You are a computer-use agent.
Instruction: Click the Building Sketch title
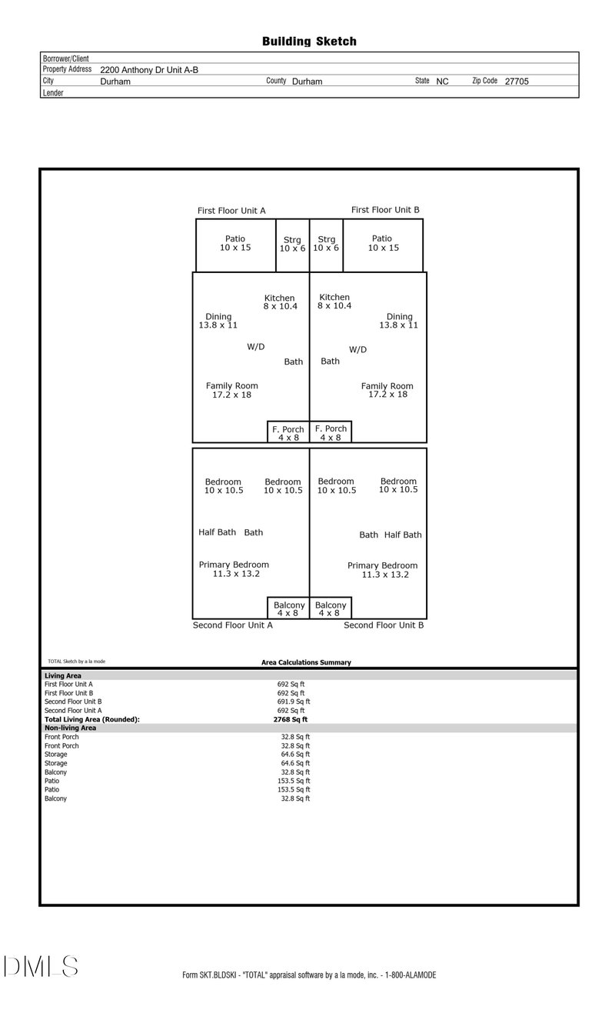coord(309,42)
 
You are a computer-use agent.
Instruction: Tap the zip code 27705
coord(516,81)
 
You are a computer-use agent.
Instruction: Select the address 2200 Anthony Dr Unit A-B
coord(149,69)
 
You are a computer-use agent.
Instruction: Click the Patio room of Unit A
coord(235,244)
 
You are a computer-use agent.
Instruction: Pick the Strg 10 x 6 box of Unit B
coord(326,245)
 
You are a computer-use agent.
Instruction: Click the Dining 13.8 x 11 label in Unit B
coord(399,321)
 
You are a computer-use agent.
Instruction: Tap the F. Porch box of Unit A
coord(288,433)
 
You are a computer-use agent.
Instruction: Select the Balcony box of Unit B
coord(331,608)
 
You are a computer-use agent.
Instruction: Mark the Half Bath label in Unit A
coord(217,532)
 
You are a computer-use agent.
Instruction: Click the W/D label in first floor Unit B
coord(357,350)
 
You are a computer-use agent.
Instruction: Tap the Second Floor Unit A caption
coord(232,625)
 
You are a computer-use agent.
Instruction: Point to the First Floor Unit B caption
coord(385,210)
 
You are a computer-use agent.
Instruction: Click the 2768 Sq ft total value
coord(291,720)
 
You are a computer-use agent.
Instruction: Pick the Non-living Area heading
coord(71,728)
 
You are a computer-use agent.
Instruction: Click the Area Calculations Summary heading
coord(306,662)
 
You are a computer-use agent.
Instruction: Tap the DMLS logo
coord(40,966)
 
